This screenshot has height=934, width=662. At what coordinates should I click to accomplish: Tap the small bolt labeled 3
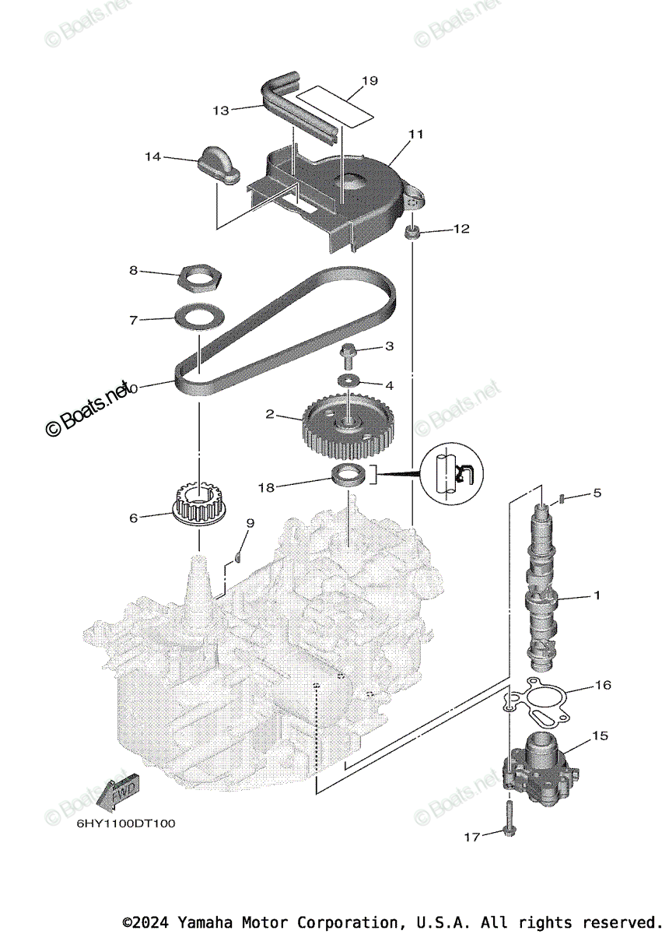point(348,355)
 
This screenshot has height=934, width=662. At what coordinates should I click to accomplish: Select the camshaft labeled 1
point(541,592)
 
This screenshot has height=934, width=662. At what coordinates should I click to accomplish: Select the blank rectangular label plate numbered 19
point(333,106)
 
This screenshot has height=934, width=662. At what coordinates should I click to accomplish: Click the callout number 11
point(415,134)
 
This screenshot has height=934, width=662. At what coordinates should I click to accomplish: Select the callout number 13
point(220,111)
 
